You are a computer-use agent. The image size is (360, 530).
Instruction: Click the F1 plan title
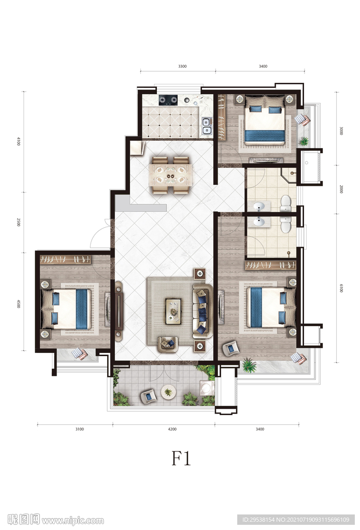pos(181,459)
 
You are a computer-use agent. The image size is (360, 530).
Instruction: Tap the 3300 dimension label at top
pos(182,66)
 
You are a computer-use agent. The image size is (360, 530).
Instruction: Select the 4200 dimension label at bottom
pos(172,429)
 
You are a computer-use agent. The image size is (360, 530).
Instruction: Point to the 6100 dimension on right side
pos(341,288)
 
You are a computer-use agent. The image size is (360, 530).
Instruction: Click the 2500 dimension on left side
pos(19,222)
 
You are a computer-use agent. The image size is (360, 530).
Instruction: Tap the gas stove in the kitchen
pos(168,100)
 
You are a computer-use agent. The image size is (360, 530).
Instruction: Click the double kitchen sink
pos(206,126)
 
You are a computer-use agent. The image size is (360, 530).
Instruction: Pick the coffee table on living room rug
pos(173,311)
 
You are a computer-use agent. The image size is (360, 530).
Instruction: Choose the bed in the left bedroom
pos(66,308)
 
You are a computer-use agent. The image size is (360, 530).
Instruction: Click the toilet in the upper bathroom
pos(286,204)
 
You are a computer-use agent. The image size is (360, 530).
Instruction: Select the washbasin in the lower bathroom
pos(260,222)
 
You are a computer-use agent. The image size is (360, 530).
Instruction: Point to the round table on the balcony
pos(168,392)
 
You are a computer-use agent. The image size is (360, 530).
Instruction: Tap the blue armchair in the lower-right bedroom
pos(231,348)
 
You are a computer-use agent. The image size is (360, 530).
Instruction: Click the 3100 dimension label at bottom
pos(79,429)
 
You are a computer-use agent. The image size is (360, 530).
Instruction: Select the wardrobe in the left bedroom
pos(66,260)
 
